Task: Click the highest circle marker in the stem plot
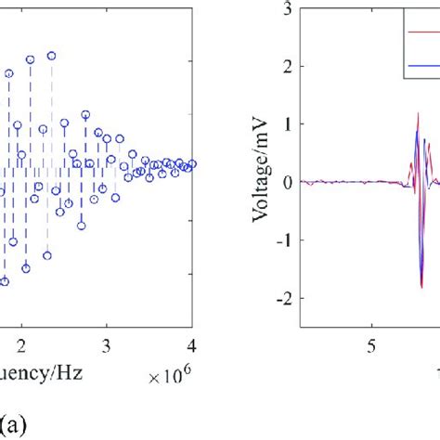point(52,55)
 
